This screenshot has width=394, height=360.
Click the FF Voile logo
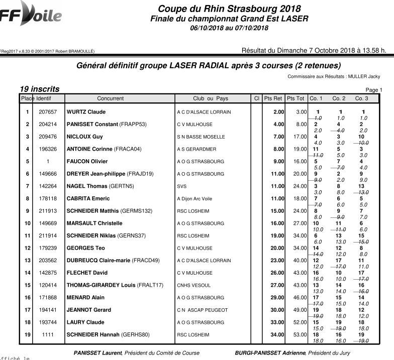tap(31, 14)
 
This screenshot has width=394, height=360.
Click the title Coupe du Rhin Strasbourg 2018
tap(229, 9)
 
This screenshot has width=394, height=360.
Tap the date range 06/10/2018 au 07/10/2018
tap(229, 28)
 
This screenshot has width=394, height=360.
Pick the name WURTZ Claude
tap(86, 112)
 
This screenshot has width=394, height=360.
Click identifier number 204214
tap(48, 125)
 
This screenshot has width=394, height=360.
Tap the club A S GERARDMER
tap(196, 149)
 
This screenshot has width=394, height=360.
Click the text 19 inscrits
tap(40, 89)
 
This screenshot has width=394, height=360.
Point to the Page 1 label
tap(374, 90)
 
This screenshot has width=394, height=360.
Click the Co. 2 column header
tap(339, 98)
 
